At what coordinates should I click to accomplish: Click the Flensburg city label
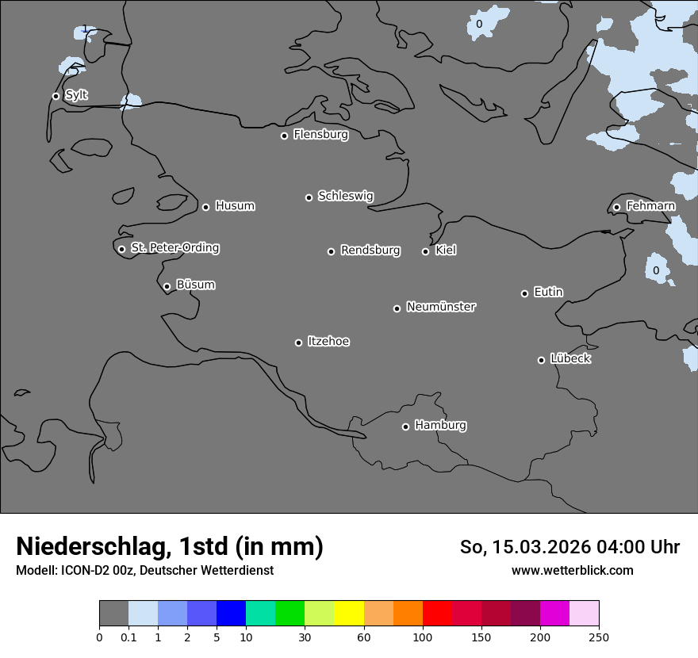tap(320, 135)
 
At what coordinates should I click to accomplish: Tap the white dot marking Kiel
tap(425, 251)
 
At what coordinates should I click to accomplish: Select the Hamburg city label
tap(440, 426)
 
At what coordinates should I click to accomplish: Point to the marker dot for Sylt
tap(56, 96)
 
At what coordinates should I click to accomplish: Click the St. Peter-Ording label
tap(174, 248)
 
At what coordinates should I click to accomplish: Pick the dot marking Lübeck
tap(541, 360)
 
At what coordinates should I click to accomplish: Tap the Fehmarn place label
tap(650, 206)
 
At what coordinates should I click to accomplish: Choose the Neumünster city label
tap(441, 307)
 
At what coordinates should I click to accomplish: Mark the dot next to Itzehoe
tap(298, 342)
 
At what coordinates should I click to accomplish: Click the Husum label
tap(235, 206)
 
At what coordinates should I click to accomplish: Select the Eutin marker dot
tap(524, 293)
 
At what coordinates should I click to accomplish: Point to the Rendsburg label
tap(370, 251)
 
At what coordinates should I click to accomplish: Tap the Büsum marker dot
tap(167, 287)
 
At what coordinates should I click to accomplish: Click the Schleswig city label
tap(345, 196)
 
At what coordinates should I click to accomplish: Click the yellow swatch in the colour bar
tap(349, 614)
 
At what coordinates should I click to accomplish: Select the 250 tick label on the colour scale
tap(599, 637)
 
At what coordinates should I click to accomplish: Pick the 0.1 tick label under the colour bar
tap(128, 637)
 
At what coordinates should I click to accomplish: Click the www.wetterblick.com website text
tap(572, 570)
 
